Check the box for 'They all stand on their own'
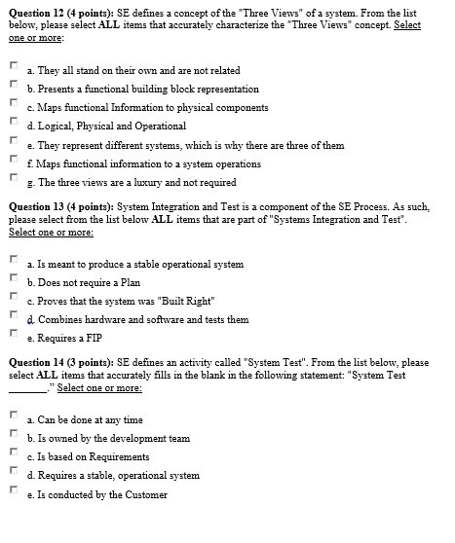click(13, 68)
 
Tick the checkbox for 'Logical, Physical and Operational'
click(13, 124)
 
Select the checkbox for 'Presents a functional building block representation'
click(13, 87)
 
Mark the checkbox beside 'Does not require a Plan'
click(13, 280)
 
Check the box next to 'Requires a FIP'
click(13, 336)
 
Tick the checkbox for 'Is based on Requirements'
click(13, 455)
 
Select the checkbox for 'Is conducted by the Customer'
click(13, 492)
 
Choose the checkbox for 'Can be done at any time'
click(13, 418)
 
